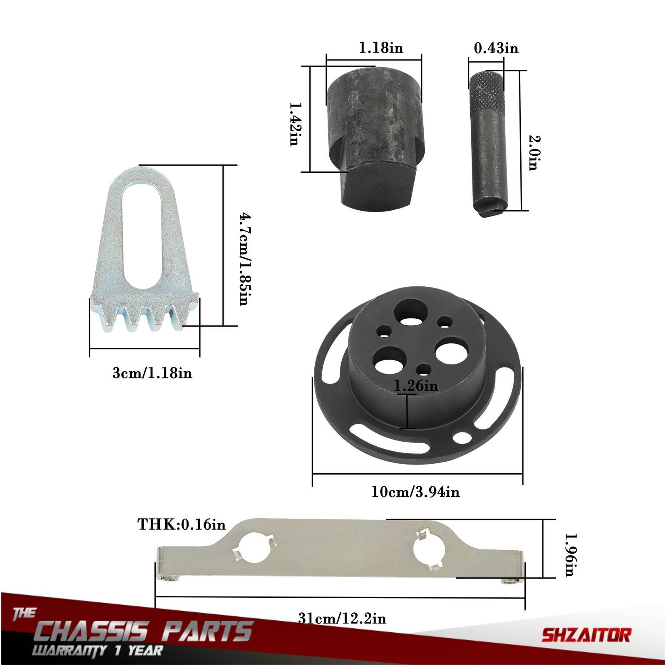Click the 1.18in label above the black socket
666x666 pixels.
(x=381, y=48)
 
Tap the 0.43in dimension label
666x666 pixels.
(x=496, y=48)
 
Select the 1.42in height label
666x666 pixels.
(x=294, y=124)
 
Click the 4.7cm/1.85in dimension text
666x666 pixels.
(x=244, y=258)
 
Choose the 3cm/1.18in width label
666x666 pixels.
(x=152, y=373)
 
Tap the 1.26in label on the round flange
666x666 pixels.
(x=416, y=386)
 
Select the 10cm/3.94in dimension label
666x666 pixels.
(x=415, y=492)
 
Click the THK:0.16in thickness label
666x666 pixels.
(x=181, y=524)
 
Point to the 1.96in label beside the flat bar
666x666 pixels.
(x=569, y=555)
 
